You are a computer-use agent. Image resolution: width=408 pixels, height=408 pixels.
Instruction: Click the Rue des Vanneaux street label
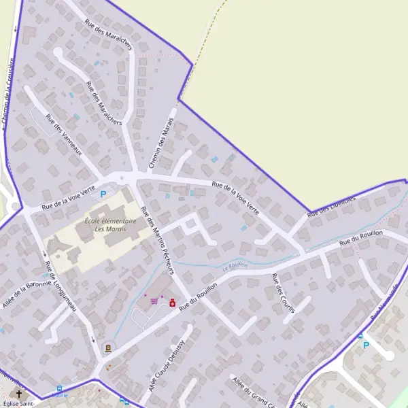[x=63, y=134]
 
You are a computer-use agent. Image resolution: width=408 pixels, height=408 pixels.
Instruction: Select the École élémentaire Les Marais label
[x=110, y=224]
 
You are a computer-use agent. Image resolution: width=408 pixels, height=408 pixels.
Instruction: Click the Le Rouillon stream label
[x=235, y=266]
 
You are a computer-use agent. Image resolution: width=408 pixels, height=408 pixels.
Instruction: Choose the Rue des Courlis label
[x=281, y=293]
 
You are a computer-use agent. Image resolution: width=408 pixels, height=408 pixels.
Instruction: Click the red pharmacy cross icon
[x=172, y=303]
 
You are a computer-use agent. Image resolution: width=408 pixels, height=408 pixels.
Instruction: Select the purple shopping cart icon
[x=155, y=301]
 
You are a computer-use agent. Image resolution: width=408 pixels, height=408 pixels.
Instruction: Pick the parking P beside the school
[x=103, y=194]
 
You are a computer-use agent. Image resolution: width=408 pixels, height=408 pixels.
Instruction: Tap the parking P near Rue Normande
[x=366, y=345]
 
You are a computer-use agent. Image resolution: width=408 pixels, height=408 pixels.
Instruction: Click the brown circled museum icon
[x=107, y=347]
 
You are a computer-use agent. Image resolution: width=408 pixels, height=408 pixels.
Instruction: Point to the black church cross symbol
[x=19, y=393]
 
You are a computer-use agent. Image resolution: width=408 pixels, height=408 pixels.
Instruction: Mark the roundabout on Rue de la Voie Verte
[x=123, y=178]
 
